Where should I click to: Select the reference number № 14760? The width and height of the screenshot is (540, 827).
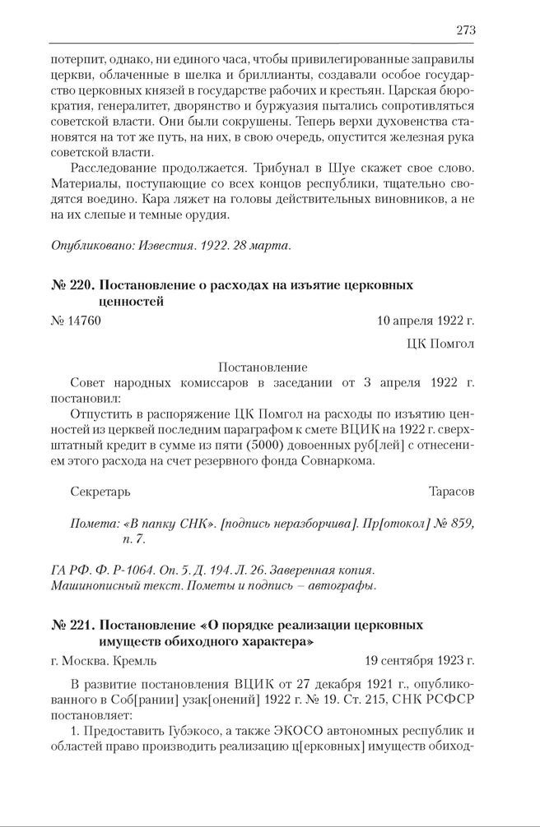tap(76, 321)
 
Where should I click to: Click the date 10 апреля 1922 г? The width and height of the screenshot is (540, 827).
tap(426, 321)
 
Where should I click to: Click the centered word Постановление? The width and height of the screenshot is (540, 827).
tap(263, 367)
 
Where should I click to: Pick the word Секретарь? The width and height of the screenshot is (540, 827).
tap(101, 492)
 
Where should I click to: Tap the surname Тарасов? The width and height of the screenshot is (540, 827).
tap(451, 492)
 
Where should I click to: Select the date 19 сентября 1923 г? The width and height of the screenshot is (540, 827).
tap(420, 659)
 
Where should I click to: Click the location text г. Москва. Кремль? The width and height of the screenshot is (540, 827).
tap(103, 659)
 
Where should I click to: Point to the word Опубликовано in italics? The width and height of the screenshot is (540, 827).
tap(86, 245)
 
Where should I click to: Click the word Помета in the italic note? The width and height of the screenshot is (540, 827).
tap(93, 523)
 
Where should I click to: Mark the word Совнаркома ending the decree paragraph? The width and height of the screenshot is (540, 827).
tap(336, 460)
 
